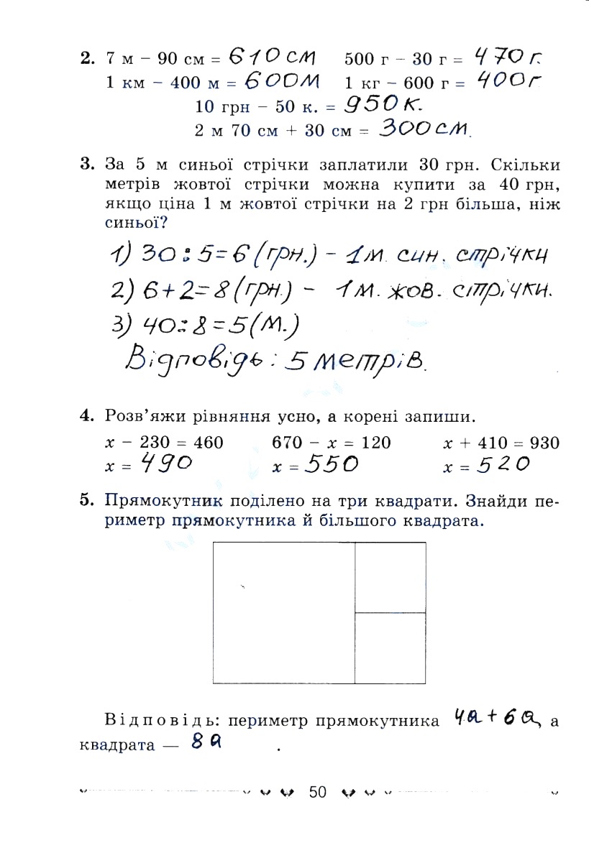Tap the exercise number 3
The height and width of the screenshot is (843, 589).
pyautogui.click(x=87, y=164)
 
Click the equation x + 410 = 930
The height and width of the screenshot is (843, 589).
pyautogui.click(x=501, y=443)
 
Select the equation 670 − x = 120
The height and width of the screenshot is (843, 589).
pyautogui.click(x=332, y=443)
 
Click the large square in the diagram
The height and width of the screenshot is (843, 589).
pyautogui.click(x=284, y=612)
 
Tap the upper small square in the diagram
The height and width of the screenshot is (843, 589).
pyautogui.click(x=391, y=577)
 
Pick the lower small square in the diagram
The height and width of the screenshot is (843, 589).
pyautogui.click(x=391, y=647)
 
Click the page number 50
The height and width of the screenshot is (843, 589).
pyautogui.click(x=318, y=792)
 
